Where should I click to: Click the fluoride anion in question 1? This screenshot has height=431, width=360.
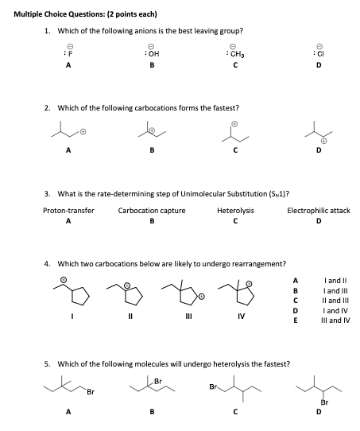pos(68,54)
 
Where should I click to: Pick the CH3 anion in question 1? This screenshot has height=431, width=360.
pos(234,54)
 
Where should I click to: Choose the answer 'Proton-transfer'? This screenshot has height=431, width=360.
pos(68,211)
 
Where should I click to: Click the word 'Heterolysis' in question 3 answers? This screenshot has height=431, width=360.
pos(235,211)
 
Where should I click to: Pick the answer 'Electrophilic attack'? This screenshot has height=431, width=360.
pos(318,211)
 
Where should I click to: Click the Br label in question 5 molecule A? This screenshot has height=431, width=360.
pos(91,392)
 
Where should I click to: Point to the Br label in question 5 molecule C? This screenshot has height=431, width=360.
pos(213,386)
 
